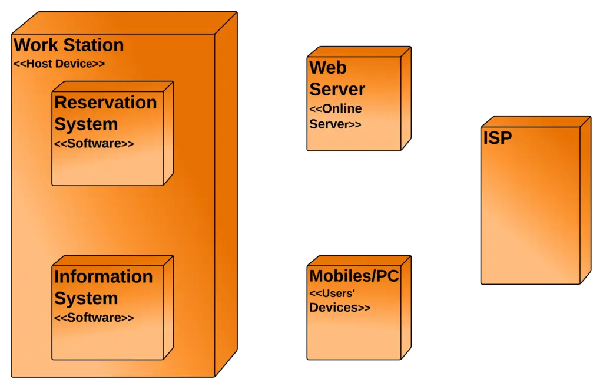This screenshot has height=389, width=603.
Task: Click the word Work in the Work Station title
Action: pos(36,45)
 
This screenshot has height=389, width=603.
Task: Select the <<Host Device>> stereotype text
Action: pos(59,64)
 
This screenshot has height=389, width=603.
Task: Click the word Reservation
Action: pos(105,103)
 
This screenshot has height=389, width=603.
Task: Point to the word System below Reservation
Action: pos(86,124)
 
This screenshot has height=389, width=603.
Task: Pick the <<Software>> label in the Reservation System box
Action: pos(94,143)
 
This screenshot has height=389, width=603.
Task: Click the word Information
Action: pos(103,276)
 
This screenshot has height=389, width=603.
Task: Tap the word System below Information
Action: pos(86,298)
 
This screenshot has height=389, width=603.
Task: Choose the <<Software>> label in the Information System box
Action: pos(94,318)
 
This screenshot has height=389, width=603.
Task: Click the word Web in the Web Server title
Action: pos(328,68)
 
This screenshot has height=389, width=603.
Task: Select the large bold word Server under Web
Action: pos(337,90)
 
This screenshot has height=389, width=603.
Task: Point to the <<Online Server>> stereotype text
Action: pos(336,117)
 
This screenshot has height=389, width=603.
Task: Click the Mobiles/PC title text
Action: pos(354,276)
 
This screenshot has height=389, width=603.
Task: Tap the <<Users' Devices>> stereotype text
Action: pos(340,300)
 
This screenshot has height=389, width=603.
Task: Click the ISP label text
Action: pos(498,138)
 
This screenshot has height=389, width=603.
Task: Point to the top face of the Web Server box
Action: pos(360,52)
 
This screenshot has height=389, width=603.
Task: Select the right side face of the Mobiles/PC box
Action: pos(405,306)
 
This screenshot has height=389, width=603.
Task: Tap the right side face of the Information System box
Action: pos(168,306)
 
